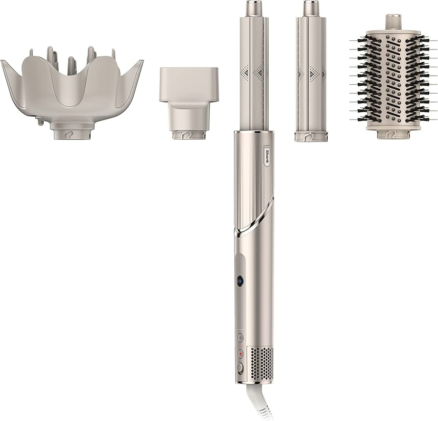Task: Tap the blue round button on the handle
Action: [x=241, y=280]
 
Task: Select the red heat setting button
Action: [x=241, y=353]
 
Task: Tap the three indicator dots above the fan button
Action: [x=241, y=329]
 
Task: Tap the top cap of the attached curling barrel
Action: [x=253, y=8]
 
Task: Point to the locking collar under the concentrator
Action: [x=189, y=134]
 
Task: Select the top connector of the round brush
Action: [x=393, y=22]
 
